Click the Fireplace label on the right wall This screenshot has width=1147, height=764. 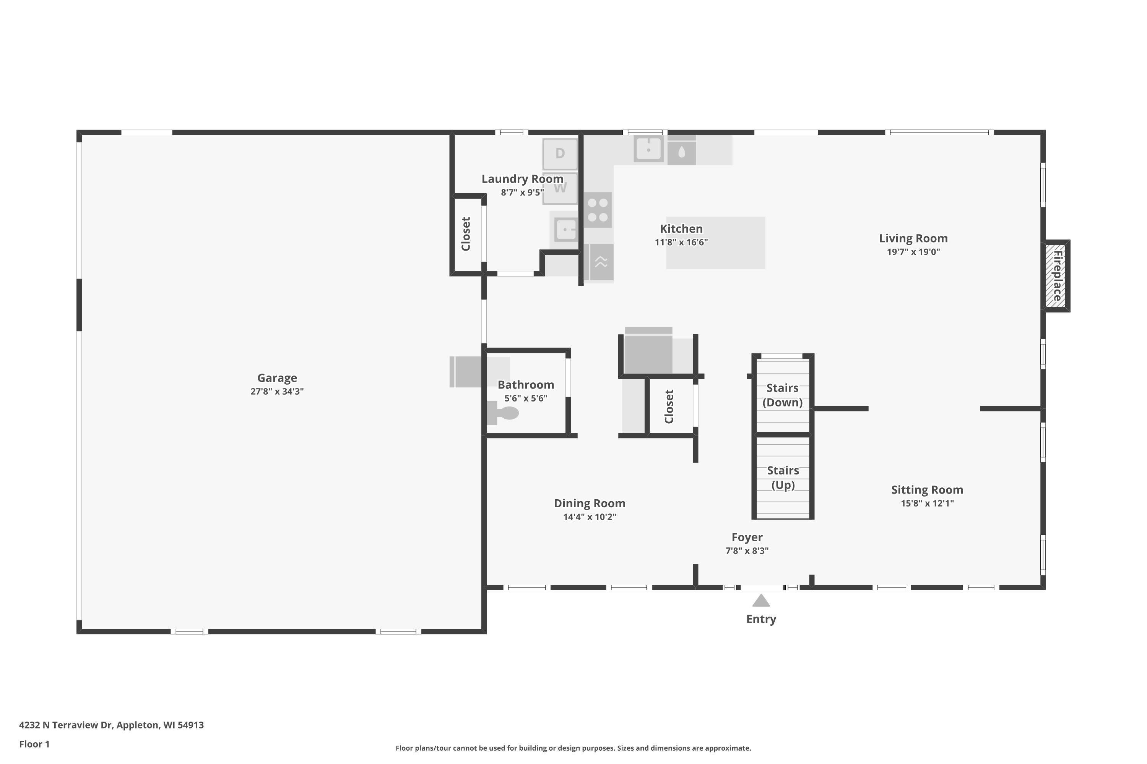point(1057,276)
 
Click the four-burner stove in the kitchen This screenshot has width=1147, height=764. point(598,210)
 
